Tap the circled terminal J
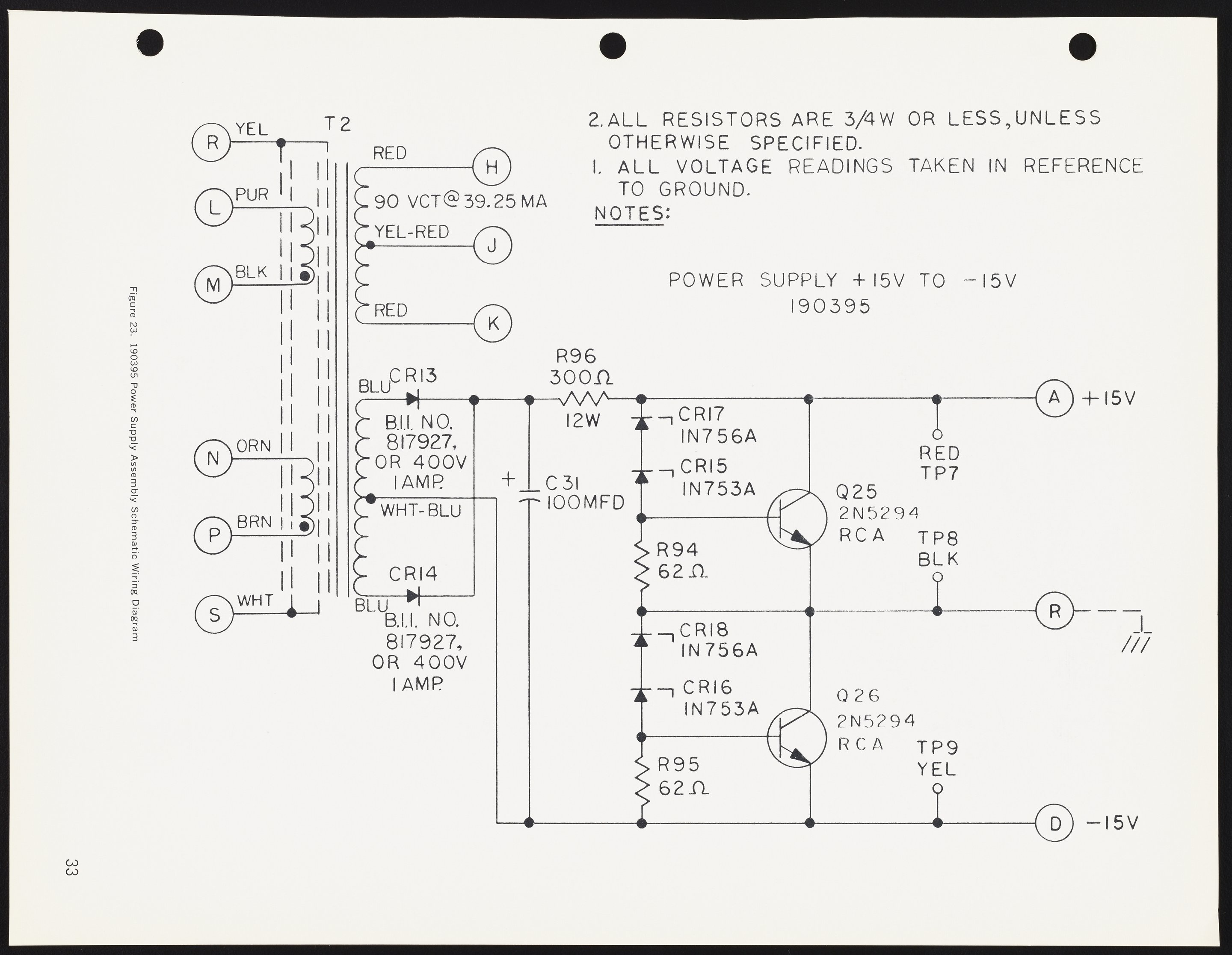[492, 246]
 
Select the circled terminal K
[492, 324]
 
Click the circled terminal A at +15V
[1054, 399]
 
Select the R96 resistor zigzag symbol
[584, 399]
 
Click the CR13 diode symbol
[413, 399]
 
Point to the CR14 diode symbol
[413, 596]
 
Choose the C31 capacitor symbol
[529, 495]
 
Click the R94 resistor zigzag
[641, 564]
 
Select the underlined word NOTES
[630, 214]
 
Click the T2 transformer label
[338, 124]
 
